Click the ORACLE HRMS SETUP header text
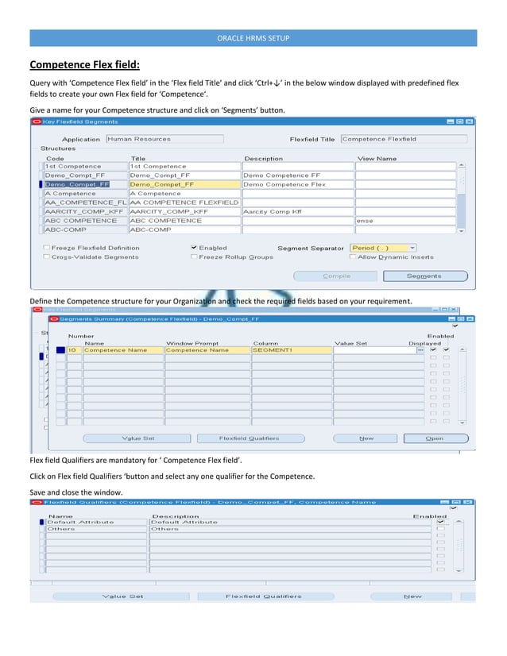click(253, 39)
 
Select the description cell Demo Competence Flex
click(296, 184)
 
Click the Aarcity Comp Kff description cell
click(296, 212)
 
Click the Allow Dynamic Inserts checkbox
click(352, 257)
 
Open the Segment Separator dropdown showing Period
click(383, 248)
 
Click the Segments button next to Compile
click(424, 276)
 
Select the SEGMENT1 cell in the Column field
click(290, 349)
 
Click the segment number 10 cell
click(73, 349)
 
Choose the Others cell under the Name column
click(95, 528)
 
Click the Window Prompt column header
click(192, 343)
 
